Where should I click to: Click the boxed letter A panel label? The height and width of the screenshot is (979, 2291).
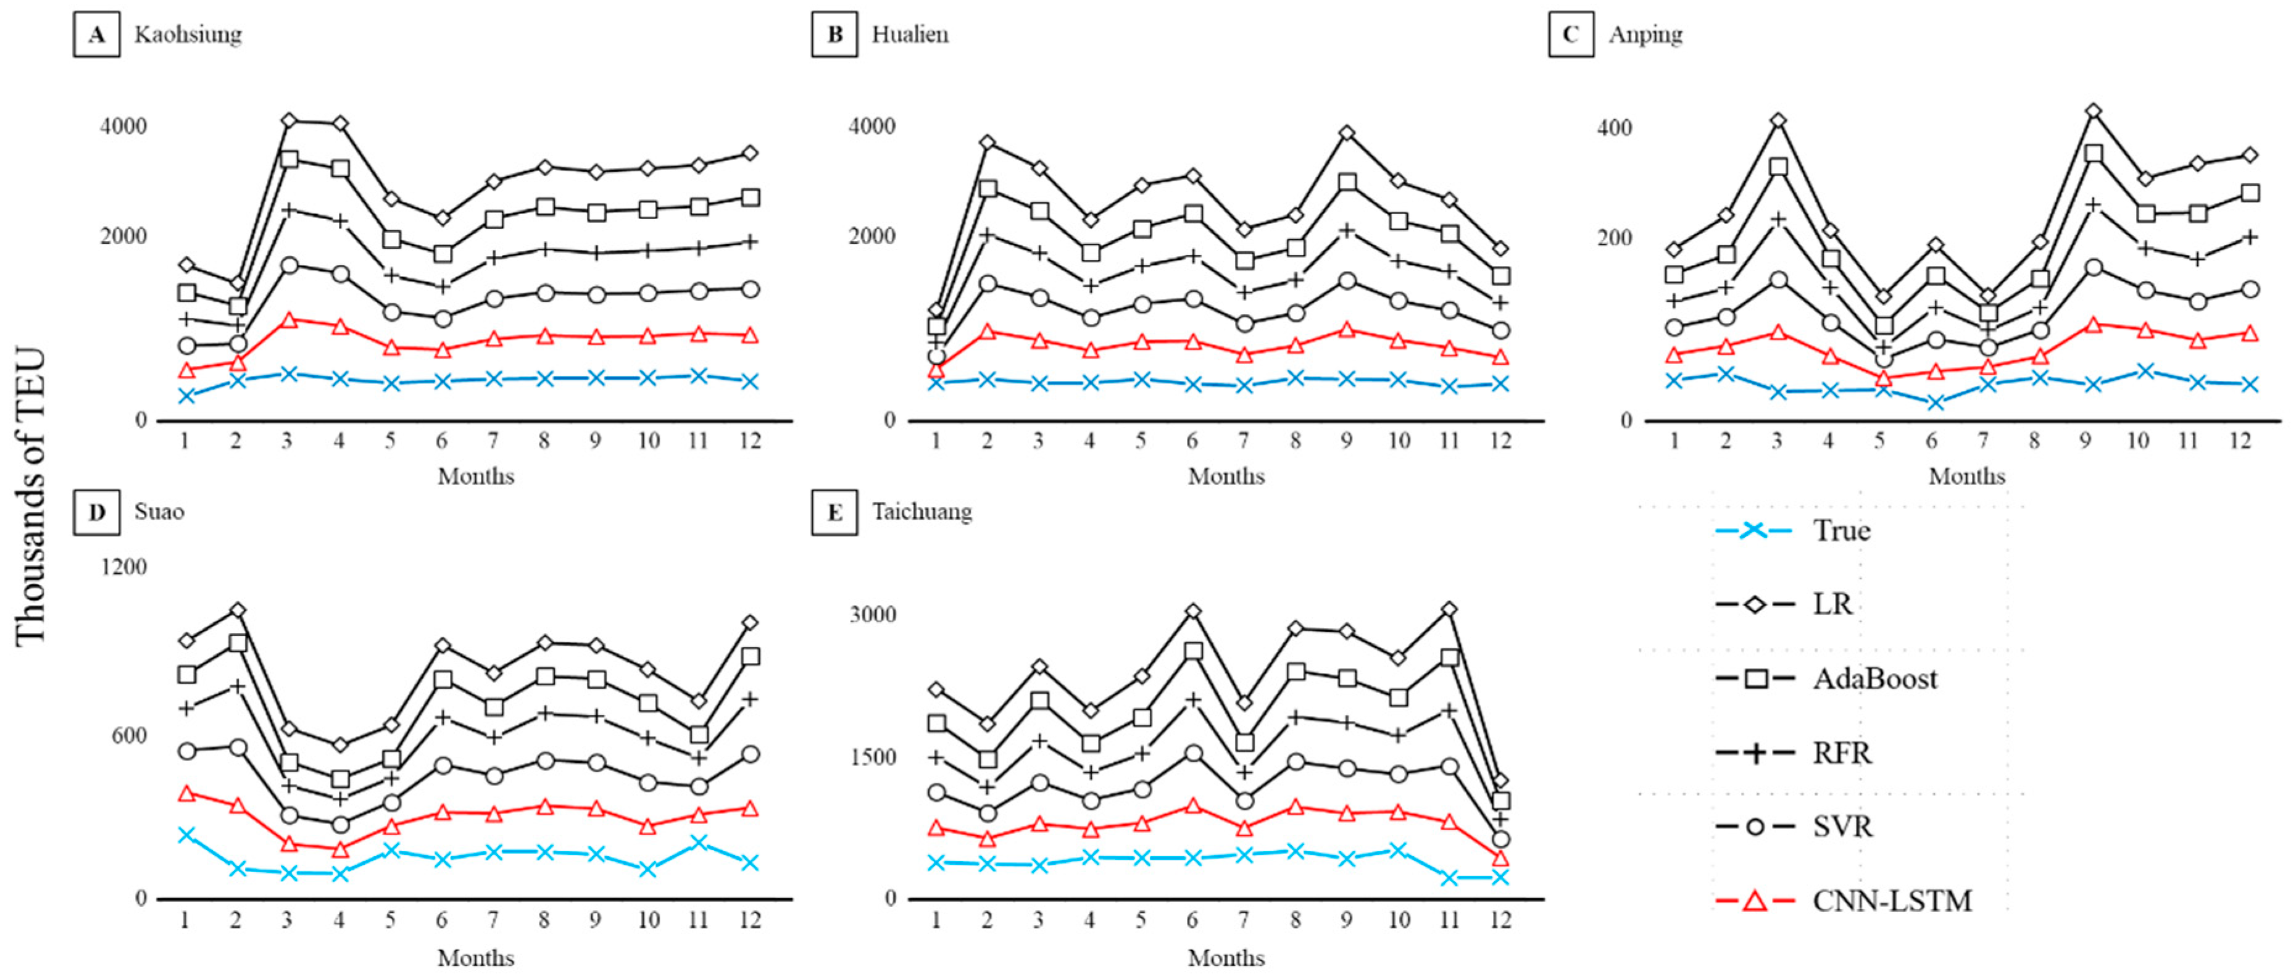click(x=96, y=35)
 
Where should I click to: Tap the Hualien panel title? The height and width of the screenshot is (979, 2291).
click(x=909, y=35)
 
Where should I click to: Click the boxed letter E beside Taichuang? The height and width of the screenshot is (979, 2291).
click(x=834, y=513)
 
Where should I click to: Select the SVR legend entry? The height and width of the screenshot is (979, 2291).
click(x=1842, y=827)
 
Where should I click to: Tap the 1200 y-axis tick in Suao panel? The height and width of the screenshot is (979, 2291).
click(x=123, y=567)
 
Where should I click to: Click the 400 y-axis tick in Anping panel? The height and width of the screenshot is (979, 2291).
click(x=1614, y=128)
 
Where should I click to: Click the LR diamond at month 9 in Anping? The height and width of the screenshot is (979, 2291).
click(x=2093, y=111)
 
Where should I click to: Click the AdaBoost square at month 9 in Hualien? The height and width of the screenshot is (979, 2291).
click(x=1347, y=182)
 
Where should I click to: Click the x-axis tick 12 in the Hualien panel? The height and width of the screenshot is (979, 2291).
click(x=1500, y=441)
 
